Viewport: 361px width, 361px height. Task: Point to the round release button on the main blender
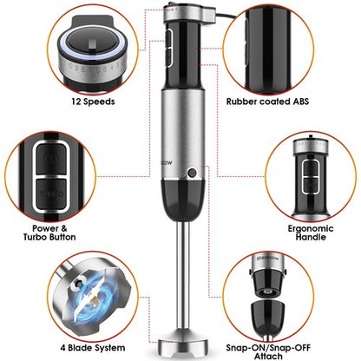(190, 174)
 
